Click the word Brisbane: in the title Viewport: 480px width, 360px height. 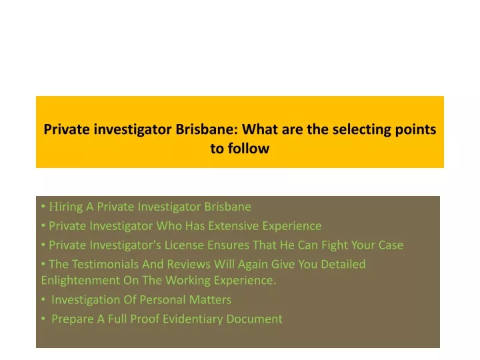(x=207, y=129)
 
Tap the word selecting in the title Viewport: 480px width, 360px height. (x=361, y=130)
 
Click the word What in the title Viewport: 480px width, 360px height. (x=260, y=129)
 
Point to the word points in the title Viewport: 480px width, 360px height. (x=415, y=130)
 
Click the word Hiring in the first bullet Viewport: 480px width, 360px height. (x=66, y=207)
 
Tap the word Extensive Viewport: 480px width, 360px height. (x=233, y=226)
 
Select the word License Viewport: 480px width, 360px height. (x=184, y=245)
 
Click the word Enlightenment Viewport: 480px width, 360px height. (x=81, y=281)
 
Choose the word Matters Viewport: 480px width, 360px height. (x=210, y=300)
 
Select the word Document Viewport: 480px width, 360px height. (x=255, y=319)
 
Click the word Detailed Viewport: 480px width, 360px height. (x=343, y=264)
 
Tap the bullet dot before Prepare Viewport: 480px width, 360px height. (x=43, y=319)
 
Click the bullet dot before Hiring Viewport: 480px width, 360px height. (x=43, y=207)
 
